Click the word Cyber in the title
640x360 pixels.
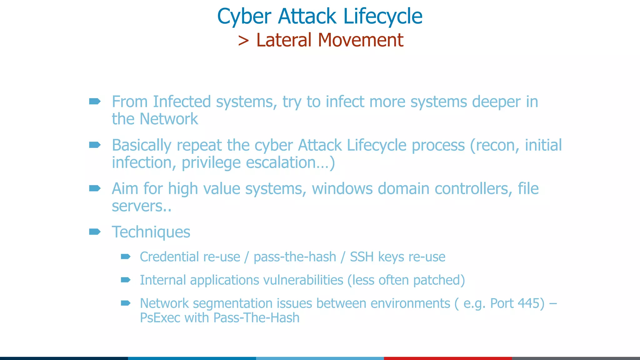(x=244, y=16)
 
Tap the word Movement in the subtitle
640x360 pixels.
(x=361, y=40)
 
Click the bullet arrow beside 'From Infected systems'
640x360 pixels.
(x=95, y=101)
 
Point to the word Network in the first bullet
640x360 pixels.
(x=169, y=119)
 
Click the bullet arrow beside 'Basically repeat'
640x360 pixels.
(x=95, y=145)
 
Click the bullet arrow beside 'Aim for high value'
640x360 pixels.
(x=95, y=188)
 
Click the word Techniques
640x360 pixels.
(x=151, y=232)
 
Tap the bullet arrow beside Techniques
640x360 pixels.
(x=95, y=232)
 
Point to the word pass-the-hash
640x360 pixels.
(x=295, y=257)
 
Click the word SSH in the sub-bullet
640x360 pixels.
(x=362, y=257)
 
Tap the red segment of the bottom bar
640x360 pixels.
(x=448, y=358)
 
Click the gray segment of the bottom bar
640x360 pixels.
(x=576, y=358)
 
